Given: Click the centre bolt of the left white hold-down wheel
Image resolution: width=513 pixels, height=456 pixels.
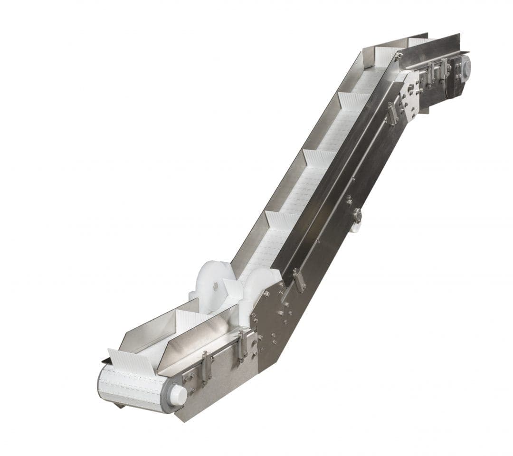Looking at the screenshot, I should pos(216,286).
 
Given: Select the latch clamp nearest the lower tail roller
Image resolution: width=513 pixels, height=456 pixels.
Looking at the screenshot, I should pos(207,368).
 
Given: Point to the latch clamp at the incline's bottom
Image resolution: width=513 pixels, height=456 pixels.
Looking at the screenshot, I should pos(298,280).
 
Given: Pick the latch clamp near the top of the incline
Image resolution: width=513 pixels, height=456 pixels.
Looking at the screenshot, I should pos(392,114).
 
